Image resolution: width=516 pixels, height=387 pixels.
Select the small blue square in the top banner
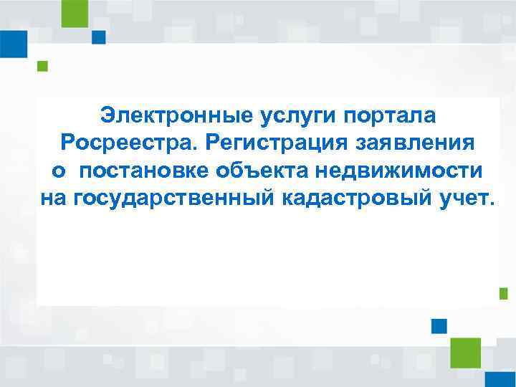click(x=99, y=37)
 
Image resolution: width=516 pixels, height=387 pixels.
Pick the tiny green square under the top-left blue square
click(x=42, y=67)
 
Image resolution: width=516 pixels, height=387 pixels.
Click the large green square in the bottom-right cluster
click(x=465, y=353)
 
